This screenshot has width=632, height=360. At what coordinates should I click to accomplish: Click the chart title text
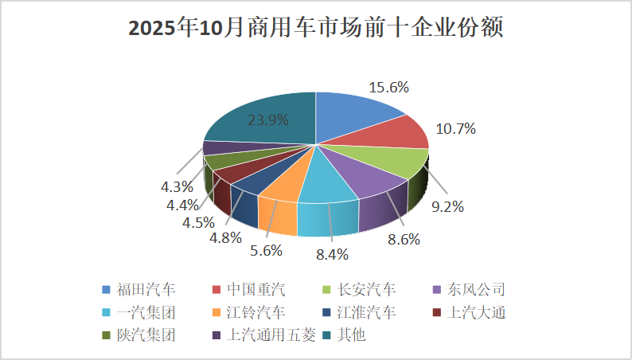coord(316,29)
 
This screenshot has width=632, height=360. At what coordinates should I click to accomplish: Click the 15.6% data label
coord(388,88)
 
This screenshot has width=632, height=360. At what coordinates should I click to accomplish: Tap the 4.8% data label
coord(224,237)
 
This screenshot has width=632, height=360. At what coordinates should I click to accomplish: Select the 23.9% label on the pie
coord(268,120)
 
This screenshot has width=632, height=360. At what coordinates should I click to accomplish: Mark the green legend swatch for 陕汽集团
coord(106,335)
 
